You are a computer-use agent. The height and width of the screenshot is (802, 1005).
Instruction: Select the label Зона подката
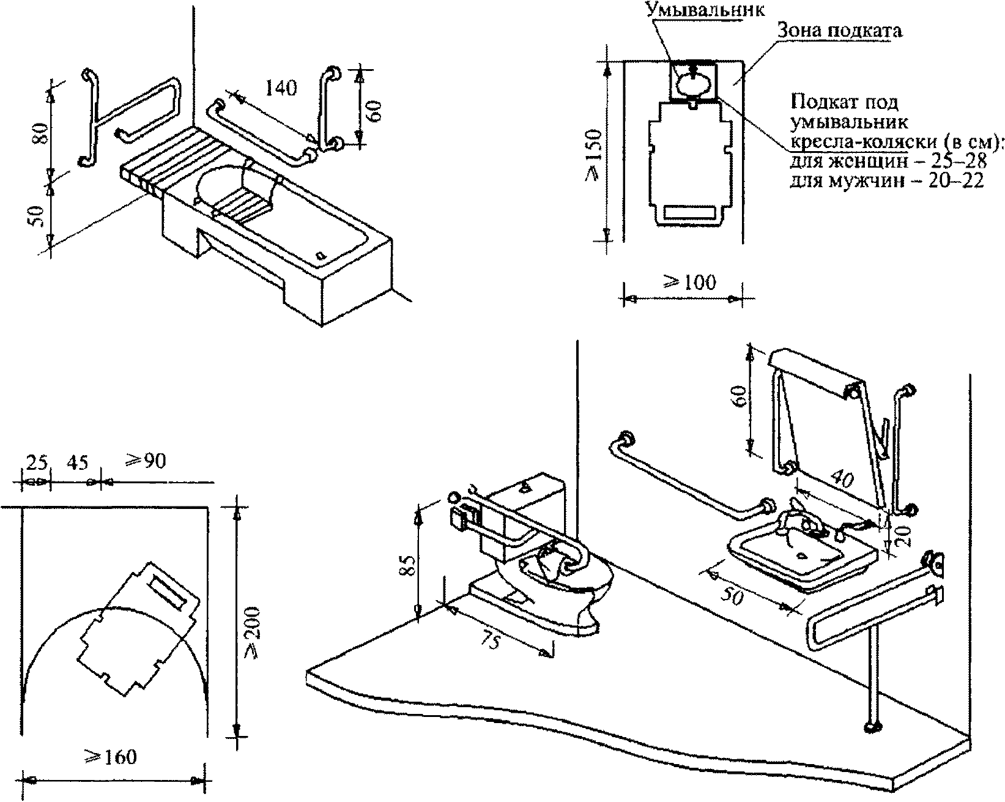click(840, 31)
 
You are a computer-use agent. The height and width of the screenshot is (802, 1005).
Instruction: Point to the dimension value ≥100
click(689, 282)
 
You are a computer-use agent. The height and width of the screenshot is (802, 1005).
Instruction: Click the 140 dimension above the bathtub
click(281, 88)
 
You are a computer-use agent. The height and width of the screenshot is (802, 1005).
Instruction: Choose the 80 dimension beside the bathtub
click(40, 133)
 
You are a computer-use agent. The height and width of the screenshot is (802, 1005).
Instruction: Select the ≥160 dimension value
click(111, 757)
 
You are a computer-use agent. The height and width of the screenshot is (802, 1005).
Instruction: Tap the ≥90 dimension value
click(145, 461)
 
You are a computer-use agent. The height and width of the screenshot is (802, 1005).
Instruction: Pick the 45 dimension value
click(78, 462)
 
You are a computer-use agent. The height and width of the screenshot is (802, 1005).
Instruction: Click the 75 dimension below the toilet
click(491, 641)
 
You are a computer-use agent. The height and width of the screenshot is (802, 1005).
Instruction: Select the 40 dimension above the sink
click(842, 478)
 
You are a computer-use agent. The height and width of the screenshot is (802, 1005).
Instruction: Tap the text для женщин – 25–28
click(888, 161)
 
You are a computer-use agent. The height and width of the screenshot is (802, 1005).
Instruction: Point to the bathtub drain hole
click(321, 255)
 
